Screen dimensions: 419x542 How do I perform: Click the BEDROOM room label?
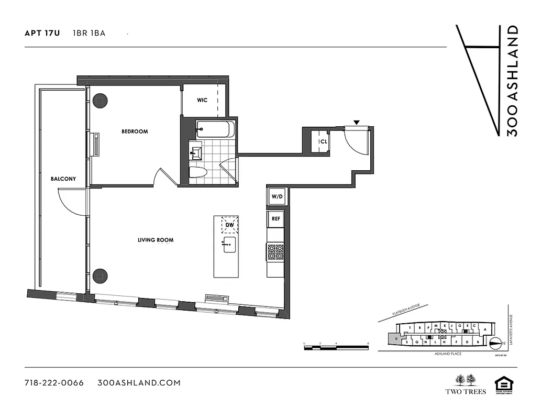tap(135, 131)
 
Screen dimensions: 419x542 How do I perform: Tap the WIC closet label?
tap(203, 100)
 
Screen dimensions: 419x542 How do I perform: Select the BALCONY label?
tap(63, 179)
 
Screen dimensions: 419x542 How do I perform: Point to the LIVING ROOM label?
tap(156, 240)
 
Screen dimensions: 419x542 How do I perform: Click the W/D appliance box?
tap(276, 197)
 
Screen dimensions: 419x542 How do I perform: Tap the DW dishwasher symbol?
tap(229, 225)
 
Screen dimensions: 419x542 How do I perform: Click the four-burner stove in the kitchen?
tap(275, 252)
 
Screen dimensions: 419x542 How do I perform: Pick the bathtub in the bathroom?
tap(215, 129)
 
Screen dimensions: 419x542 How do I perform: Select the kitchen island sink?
tap(229, 244)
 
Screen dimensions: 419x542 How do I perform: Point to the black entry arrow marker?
tap(357, 123)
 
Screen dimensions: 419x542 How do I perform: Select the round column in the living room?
tap(100, 275)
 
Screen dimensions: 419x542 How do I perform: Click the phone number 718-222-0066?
tap(54, 383)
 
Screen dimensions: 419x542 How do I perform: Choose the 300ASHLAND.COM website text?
tap(139, 383)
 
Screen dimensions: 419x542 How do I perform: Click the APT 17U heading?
tap(42, 33)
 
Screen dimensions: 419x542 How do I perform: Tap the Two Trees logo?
tap(465, 384)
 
